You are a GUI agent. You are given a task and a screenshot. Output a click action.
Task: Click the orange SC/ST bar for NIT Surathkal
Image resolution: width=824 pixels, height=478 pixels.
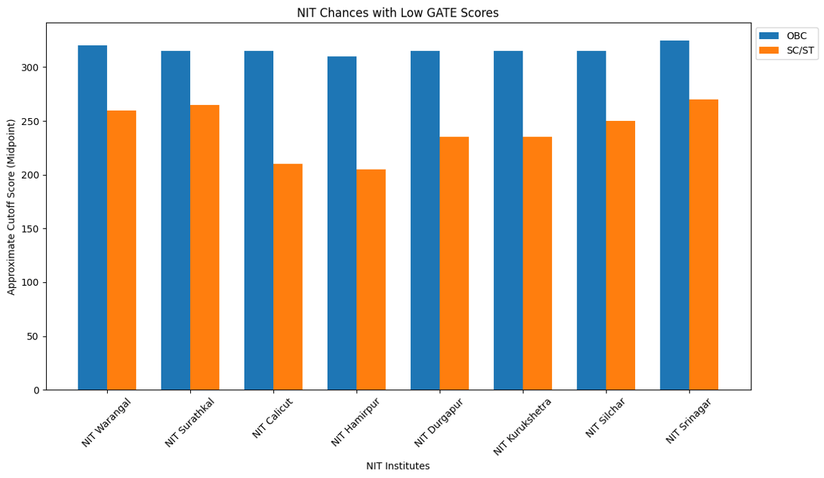205,247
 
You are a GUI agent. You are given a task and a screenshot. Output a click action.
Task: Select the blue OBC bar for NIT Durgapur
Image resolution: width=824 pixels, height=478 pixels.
425,220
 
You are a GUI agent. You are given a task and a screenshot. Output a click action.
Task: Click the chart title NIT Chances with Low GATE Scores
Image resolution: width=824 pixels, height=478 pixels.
398,13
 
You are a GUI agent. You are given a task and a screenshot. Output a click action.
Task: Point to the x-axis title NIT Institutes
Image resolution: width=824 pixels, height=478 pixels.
398,466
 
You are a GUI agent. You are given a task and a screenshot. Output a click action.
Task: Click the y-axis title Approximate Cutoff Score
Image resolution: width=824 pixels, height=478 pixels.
12,206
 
